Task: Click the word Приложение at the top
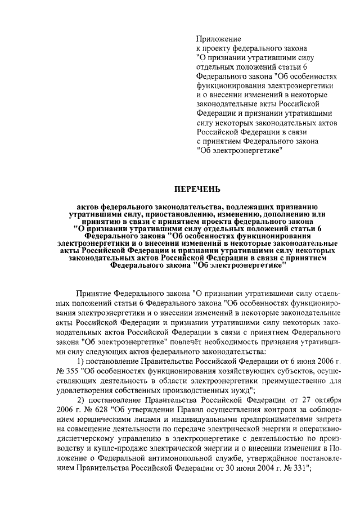pyautogui.click(x=218, y=39)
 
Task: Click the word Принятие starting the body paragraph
pyautogui.click(x=93, y=294)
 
